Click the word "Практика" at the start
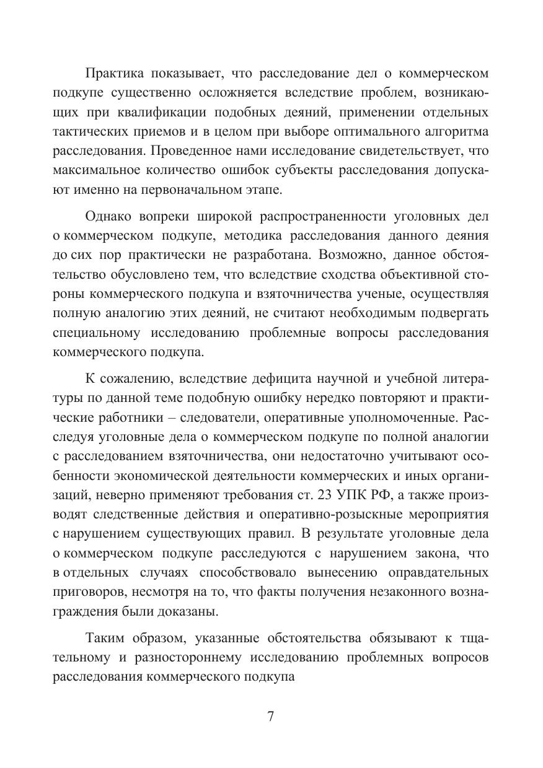pyautogui.click(x=112, y=74)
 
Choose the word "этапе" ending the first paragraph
pyautogui.click(x=267, y=190)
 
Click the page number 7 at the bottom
pyautogui.click(x=271, y=717)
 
